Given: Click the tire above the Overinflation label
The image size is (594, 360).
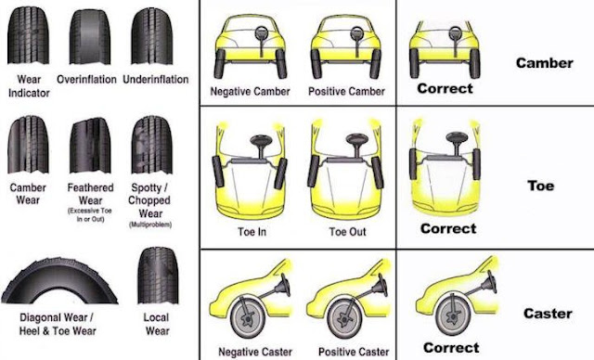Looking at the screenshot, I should [90, 34].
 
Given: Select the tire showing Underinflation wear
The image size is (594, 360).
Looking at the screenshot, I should [152, 34].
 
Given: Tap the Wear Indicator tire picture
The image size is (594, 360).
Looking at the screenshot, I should [28, 34].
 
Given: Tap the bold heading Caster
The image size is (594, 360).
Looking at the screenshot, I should [548, 314].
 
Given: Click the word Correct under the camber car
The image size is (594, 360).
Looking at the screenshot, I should [445, 89].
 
